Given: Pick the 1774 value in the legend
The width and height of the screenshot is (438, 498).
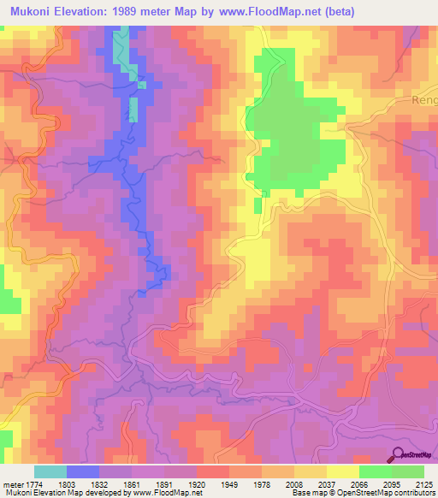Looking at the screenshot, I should tap(33, 485).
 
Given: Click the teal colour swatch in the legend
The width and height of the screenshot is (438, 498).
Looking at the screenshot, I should tap(50, 471).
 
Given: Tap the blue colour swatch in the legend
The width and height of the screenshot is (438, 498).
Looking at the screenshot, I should tap(83, 471).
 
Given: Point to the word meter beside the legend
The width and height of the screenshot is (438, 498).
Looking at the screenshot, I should tap(11, 485).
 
